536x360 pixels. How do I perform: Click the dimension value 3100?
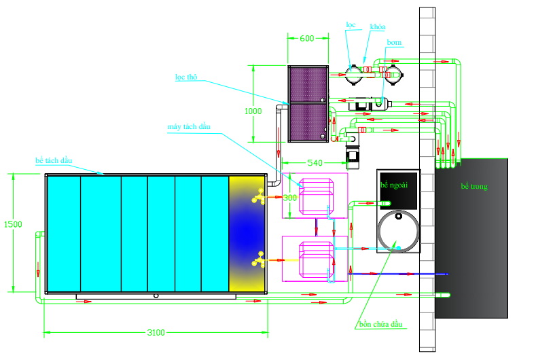click(156, 332)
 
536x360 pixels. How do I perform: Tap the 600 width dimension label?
click(307, 39)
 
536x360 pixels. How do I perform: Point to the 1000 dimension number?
click(253, 110)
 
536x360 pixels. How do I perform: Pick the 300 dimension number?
click(290, 198)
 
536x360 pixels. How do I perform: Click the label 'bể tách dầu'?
click(54, 160)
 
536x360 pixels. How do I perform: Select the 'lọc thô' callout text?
click(185, 77)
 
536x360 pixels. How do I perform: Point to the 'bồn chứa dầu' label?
click(381, 324)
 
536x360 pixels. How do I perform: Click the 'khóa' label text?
click(378, 26)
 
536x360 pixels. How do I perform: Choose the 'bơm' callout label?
click(394, 42)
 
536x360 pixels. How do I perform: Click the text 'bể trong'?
click(474, 186)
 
